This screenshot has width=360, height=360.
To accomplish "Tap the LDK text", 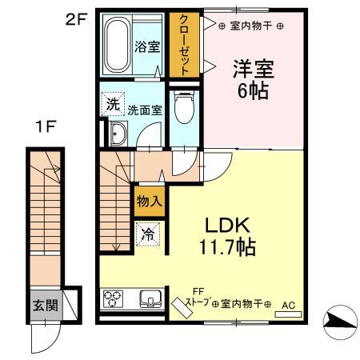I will point(226,224).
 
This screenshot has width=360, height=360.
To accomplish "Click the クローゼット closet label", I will point(183,44).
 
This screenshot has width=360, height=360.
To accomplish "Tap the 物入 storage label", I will point(150,200).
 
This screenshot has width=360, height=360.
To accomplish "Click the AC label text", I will point(288,305).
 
